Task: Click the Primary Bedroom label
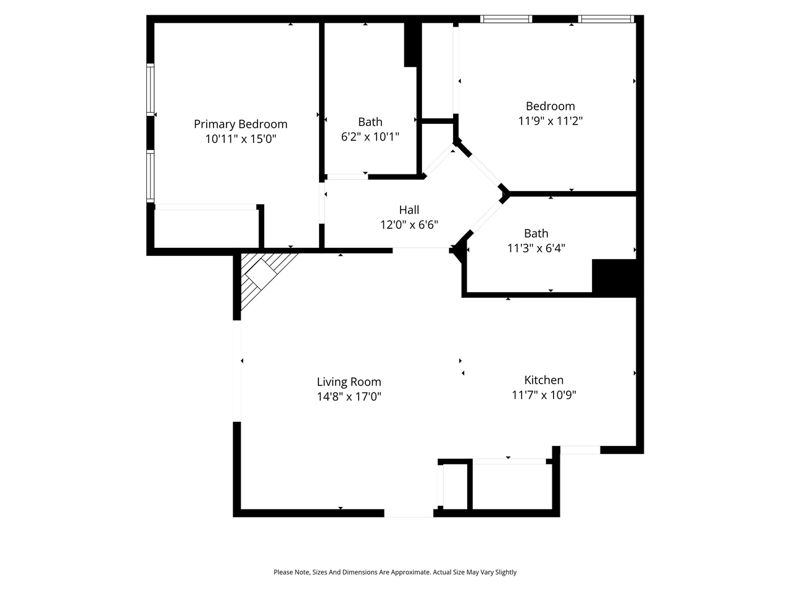coord(240,124)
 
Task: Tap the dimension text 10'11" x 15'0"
coord(240,139)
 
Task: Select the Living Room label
coord(349,382)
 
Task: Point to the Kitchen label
coord(544,380)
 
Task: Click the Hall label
coord(409,210)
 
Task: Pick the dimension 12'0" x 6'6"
coord(409,225)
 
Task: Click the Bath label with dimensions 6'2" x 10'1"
coord(370,122)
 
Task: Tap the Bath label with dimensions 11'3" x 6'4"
coord(536,233)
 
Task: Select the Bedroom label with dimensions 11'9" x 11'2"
coord(550,106)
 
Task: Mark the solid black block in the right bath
coord(613,277)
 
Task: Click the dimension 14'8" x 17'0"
coord(349,397)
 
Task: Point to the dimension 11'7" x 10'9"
coord(544,395)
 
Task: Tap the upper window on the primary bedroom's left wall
coord(150,89)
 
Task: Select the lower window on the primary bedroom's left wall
coord(150,176)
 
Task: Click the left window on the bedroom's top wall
coord(506,19)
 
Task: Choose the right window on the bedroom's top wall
coord(606,19)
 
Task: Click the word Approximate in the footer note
coord(404,572)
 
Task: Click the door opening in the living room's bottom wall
coord(409,513)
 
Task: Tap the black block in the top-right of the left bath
coord(412,44)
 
